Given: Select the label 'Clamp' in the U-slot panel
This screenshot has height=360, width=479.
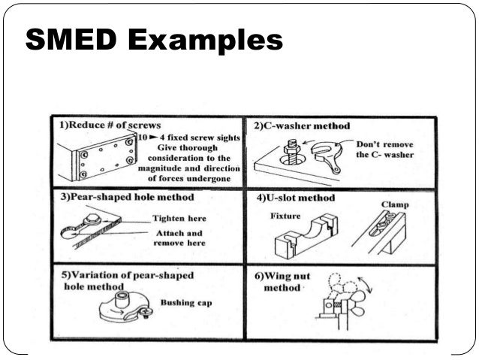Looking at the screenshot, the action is (x=394, y=204).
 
